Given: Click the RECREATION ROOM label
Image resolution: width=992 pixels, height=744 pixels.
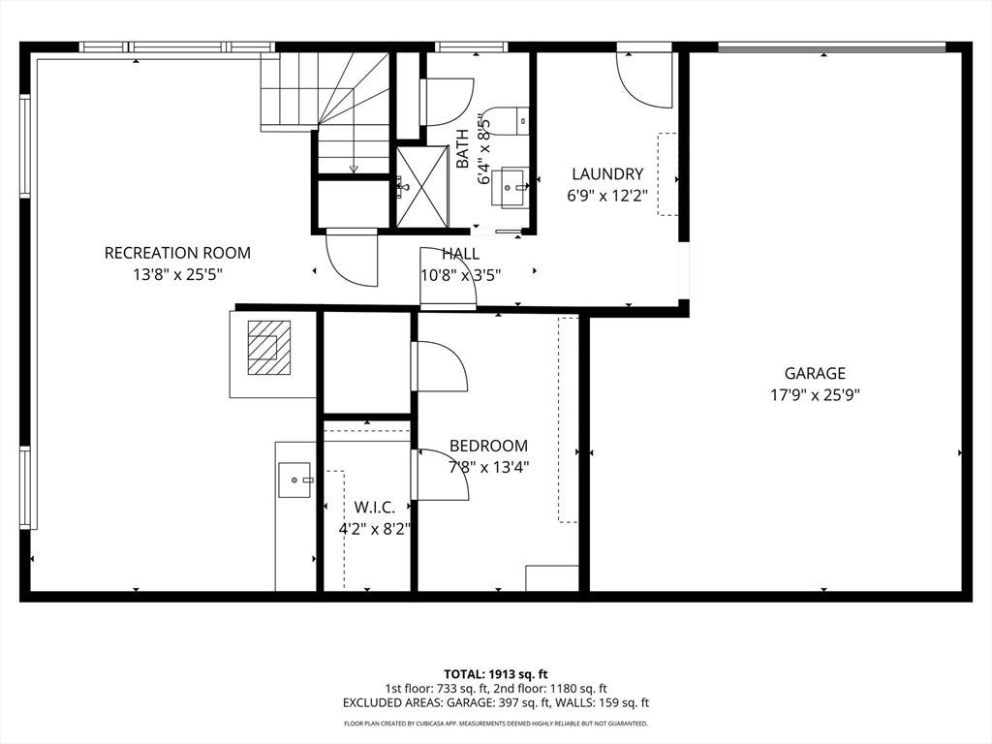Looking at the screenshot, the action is tap(177, 253).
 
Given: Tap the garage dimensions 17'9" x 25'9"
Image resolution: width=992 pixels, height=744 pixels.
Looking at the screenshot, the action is tap(815, 395).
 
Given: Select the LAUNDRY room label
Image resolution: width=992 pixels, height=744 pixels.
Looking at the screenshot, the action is tap(607, 174).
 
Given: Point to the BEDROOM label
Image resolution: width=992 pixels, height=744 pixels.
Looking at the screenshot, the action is tap(488, 446).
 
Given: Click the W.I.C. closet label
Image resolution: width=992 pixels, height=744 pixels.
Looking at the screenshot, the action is tap(375, 508).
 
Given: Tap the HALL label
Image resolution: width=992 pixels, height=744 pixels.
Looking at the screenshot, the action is tap(460, 254).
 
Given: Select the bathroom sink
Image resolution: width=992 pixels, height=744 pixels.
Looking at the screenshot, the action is tap(511, 187).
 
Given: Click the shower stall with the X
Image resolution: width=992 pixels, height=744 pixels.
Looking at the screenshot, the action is tap(422, 186).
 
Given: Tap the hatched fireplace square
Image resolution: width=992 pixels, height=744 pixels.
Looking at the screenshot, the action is tap(269, 348).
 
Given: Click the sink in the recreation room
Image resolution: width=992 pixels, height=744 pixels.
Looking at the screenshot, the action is tap(295, 480).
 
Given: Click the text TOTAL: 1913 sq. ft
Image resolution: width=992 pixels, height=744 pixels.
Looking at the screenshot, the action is tap(496, 674).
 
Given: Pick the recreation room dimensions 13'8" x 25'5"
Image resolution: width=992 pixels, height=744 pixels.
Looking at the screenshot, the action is tap(177, 275).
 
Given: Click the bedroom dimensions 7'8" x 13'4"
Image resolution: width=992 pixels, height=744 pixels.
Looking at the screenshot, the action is tap(488, 468).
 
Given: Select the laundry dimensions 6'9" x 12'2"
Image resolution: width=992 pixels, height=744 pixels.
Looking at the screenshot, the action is tap(607, 196).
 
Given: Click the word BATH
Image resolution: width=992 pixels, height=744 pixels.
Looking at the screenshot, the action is tap(463, 148).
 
